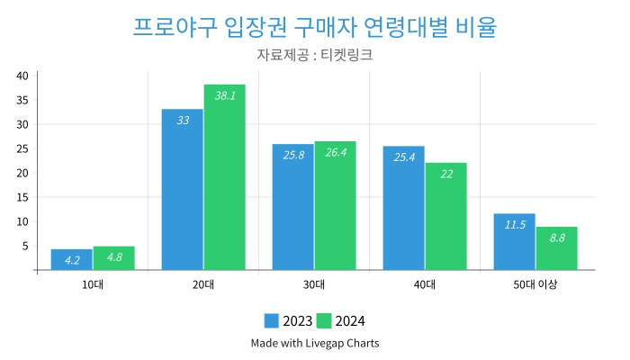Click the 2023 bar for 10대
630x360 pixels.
tap(72, 259)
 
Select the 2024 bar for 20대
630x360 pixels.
tap(224, 180)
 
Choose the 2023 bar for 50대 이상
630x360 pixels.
tap(515, 243)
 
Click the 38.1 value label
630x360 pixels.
tap(225, 95)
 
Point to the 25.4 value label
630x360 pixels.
tap(404, 157)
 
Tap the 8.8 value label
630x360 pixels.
tap(557, 238)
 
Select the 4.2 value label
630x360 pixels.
tap(72, 260)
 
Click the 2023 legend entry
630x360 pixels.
tap(288, 321)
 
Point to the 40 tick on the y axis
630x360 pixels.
tap(22, 76)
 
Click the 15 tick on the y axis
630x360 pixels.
tap(22, 197)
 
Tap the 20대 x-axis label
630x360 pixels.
tap(203, 285)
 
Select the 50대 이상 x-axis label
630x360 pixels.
tap(535, 285)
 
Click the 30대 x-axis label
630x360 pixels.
tap(314, 285)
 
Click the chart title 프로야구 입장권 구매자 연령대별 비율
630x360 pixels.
tap(314, 26)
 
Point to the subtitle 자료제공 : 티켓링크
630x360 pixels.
tap(314, 55)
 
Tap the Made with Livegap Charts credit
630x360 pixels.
tap(314, 343)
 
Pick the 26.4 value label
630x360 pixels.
tap(336, 153)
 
